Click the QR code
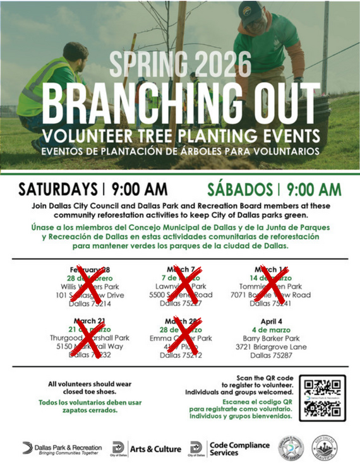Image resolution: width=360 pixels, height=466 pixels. tap(322, 398)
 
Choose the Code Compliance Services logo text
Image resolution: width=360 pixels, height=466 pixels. tap(239, 448)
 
